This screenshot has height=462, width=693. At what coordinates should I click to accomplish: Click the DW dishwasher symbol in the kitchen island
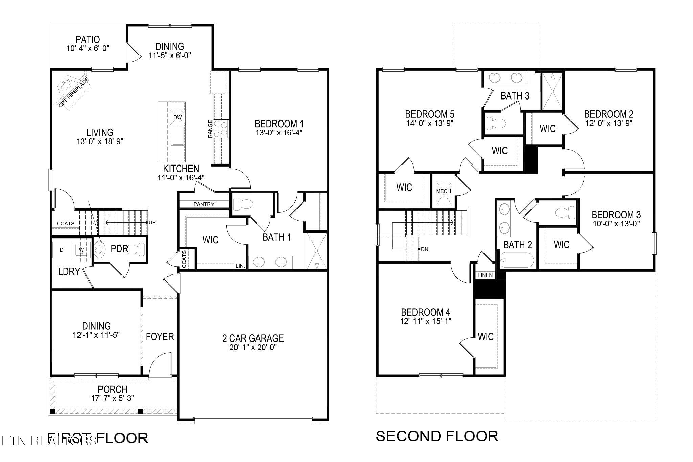(177, 117)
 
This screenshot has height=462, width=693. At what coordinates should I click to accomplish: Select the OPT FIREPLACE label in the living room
(73, 92)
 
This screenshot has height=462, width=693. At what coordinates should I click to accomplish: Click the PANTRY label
(204, 204)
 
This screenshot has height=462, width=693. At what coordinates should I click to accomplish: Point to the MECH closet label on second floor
(443, 191)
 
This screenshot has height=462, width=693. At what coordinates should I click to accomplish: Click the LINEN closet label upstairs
(485, 275)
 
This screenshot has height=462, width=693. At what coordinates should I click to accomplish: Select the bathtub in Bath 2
(517, 261)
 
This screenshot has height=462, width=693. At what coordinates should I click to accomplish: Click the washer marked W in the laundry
(81, 250)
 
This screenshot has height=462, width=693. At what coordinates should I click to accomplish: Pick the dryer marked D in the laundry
(62, 250)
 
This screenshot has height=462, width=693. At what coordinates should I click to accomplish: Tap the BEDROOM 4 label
(425, 312)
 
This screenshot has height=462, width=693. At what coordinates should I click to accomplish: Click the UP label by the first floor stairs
(152, 222)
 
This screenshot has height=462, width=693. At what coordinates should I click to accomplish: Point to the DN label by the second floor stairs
(425, 249)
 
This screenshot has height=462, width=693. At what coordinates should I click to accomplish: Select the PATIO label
(88, 40)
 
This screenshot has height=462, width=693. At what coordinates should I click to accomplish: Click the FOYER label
(160, 336)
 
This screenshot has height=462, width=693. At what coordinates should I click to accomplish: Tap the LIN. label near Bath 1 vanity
(240, 266)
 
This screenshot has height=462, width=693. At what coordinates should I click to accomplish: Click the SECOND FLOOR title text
(437, 436)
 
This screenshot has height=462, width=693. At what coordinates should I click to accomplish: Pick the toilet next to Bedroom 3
(565, 213)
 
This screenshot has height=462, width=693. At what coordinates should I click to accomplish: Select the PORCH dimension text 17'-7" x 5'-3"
(112, 398)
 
